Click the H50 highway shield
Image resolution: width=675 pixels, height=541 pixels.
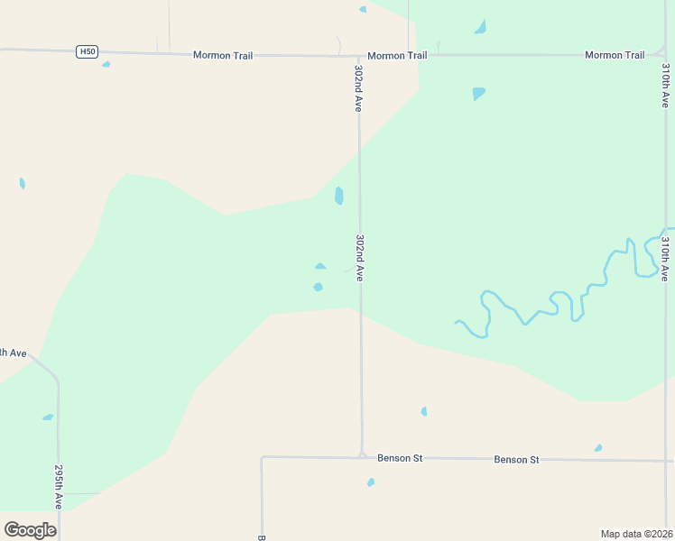click(x=87, y=51)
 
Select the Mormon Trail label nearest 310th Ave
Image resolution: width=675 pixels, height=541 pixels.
click(x=615, y=55)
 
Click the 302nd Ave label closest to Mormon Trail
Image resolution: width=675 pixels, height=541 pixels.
click(x=359, y=88)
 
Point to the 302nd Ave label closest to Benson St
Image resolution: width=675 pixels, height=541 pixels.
click(x=360, y=259)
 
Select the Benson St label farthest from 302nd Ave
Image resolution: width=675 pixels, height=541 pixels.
click(x=516, y=460)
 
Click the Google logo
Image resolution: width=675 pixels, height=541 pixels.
click(x=30, y=530)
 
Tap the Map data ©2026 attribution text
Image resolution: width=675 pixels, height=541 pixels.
click(x=636, y=533)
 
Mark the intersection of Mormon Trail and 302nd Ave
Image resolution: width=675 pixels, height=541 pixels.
click(x=359, y=56)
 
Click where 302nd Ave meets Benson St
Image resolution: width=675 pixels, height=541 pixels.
click(x=362, y=456)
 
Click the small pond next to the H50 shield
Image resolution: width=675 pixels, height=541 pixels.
click(x=106, y=64)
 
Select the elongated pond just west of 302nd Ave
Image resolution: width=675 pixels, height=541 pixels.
click(x=338, y=196)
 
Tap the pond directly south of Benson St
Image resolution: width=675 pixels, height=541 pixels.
click(x=371, y=482)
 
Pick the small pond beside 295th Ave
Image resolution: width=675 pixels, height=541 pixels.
click(x=48, y=417)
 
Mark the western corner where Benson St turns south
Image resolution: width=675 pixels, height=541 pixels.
click(x=262, y=458)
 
